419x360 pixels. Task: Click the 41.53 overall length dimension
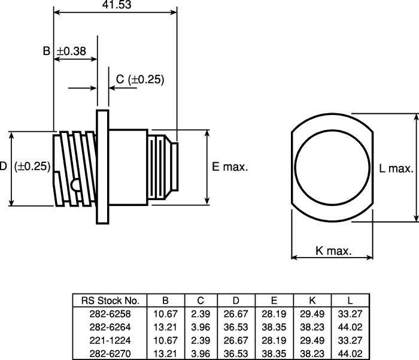117,5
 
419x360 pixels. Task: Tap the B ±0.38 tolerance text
65,51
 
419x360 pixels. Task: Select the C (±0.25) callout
140,80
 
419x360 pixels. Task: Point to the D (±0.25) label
25,166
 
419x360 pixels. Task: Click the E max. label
230,167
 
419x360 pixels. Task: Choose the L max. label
396,168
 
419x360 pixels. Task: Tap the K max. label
333,251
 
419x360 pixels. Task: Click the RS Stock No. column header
110,301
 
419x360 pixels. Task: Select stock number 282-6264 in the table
110,327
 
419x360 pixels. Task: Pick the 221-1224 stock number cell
110,340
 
